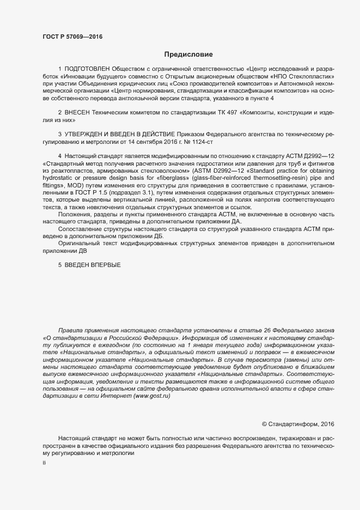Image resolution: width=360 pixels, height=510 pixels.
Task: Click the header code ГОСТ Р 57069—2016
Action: pyautogui.click(x=72, y=37)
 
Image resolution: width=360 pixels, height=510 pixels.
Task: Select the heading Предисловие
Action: pyautogui.click(x=188, y=54)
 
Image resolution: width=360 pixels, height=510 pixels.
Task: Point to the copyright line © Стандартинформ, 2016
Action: pyautogui.click(x=298, y=423)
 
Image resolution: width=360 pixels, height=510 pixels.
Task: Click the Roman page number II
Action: pyautogui.click(x=44, y=464)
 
